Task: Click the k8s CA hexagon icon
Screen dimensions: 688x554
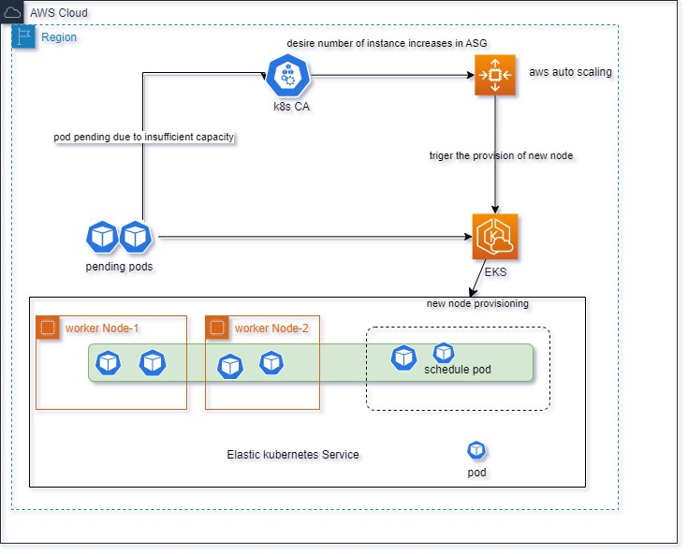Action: pos(288,76)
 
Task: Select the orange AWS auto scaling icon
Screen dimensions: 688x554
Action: pos(495,75)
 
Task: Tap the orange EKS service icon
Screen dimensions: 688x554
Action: pos(495,237)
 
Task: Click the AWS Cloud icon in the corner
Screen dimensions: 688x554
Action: pos(12,12)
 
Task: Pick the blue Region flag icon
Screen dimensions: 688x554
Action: pos(23,36)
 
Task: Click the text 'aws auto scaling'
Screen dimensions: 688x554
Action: pos(570,72)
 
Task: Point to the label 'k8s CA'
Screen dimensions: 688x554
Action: pos(291,107)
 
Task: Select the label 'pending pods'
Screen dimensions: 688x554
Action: pos(119,267)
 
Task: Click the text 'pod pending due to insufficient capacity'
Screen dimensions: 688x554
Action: pos(143,137)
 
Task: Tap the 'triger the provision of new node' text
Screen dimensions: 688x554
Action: pos(501,155)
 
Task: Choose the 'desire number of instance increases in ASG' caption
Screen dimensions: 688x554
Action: pos(387,43)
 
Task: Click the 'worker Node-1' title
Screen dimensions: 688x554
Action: pos(102,328)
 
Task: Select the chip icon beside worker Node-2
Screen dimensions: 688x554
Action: pos(217,328)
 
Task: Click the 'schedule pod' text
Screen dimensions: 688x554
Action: pos(457,370)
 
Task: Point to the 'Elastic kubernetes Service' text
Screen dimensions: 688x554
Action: pos(293,455)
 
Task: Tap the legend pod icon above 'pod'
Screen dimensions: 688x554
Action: pos(476,450)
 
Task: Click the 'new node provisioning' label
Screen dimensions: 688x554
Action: pos(477,303)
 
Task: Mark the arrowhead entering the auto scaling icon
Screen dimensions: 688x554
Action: pos(471,75)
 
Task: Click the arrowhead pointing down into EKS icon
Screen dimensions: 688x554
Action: pos(495,210)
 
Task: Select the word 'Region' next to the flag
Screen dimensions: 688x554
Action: pos(59,37)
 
